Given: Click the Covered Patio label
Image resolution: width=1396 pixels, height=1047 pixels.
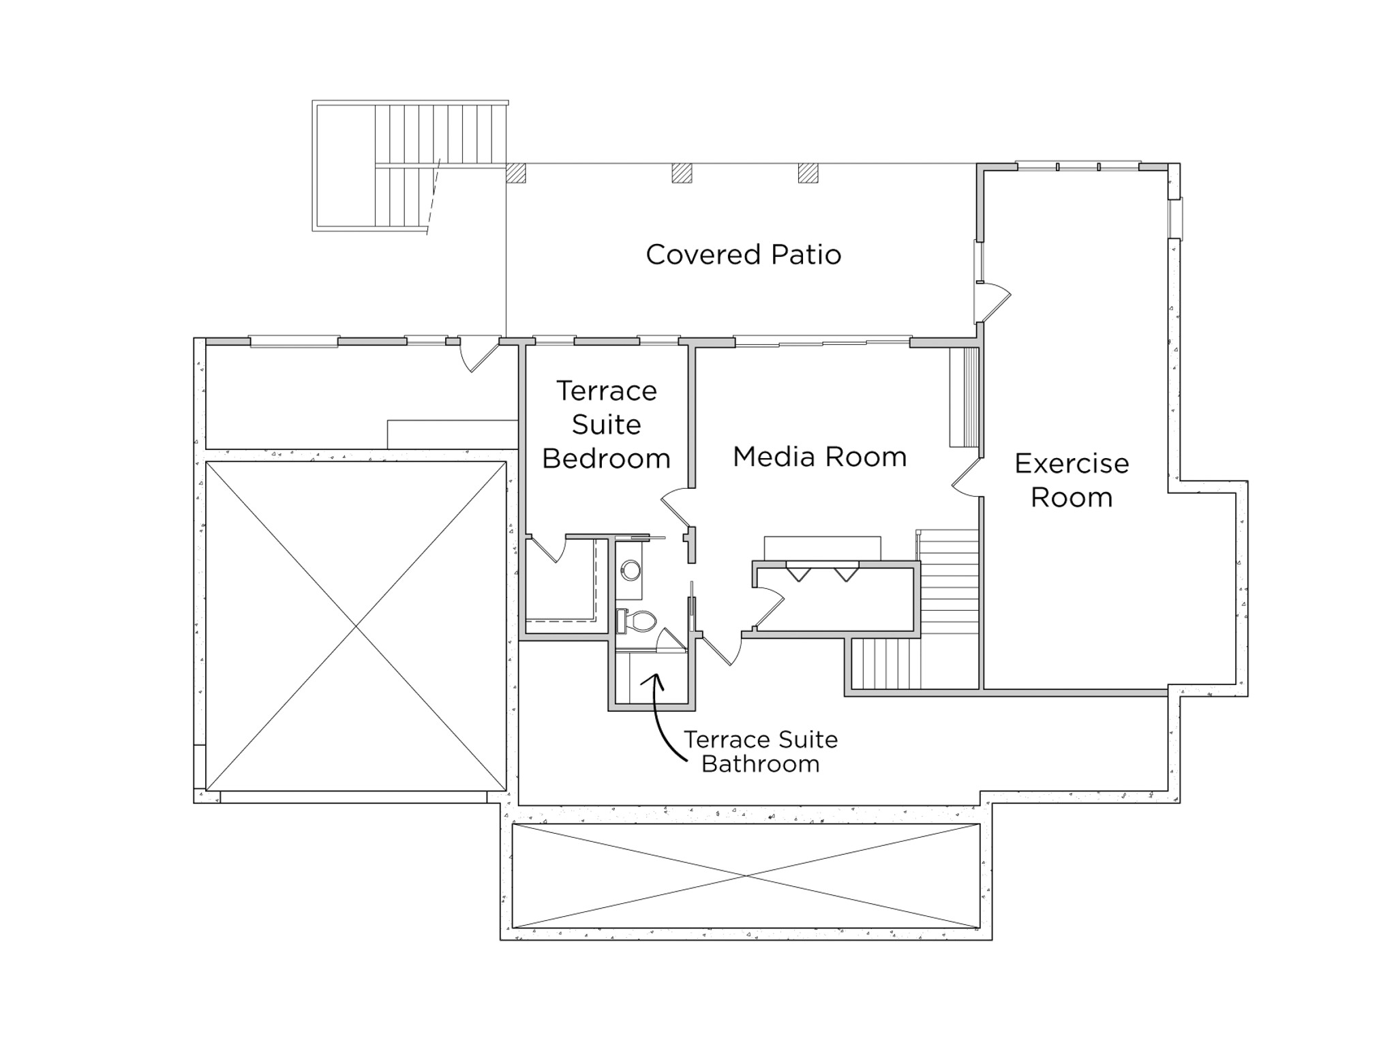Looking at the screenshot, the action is click(x=743, y=255).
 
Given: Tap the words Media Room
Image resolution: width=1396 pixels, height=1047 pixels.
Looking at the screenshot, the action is click(x=819, y=457).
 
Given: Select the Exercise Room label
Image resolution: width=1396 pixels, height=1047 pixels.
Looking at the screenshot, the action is click(x=1072, y=480).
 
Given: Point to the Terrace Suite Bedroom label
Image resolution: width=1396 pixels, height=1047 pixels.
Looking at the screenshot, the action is click(x=606, y=425).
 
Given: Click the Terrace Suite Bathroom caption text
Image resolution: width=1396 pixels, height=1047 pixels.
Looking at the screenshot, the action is click(x=761, y=752).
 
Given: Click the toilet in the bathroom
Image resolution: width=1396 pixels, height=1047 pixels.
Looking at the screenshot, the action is click(x=637, y=621).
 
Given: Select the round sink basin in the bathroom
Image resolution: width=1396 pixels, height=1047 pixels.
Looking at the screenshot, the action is click(x=631, y=570).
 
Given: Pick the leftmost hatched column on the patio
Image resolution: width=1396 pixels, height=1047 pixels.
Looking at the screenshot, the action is click(x=516, y=173).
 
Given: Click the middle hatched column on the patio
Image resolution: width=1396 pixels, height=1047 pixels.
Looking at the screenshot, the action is click(x=682, y=173).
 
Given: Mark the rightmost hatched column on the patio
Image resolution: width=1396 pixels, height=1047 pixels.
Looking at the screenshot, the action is click(x=808, y=173).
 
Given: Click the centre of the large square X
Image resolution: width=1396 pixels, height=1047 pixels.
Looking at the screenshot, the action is click(x=356, y=626).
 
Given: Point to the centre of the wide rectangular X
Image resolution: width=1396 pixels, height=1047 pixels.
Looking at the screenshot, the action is click(x=746, y=876).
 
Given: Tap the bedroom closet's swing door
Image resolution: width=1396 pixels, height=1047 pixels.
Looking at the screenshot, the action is click(x=549, y=549).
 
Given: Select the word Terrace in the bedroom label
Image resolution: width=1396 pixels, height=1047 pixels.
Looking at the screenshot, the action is click(x=607, y=391).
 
